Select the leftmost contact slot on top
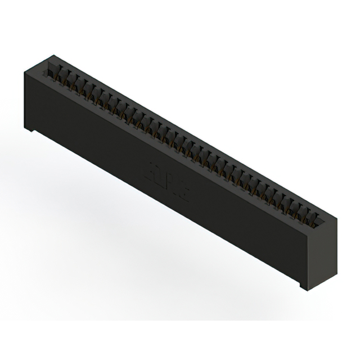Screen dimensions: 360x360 click(57, 72)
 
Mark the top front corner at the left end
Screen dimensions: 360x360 click(23, 71)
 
